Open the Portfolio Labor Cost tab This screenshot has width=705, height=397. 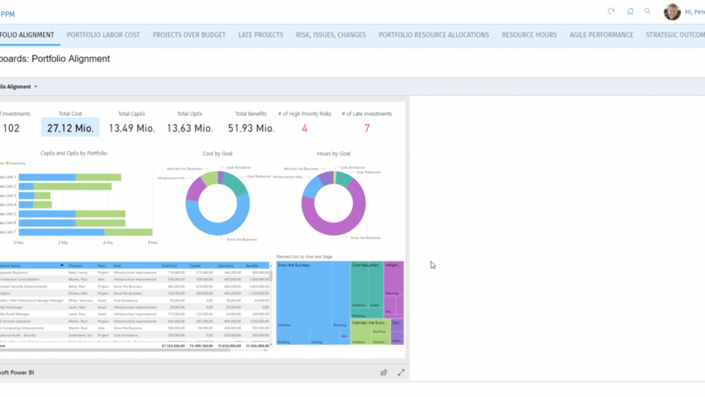(x=103, y=35)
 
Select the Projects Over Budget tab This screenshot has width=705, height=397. (x=189, y=35)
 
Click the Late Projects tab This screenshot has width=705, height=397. (x=260, y=35)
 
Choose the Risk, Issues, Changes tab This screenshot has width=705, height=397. (x=331, y=35)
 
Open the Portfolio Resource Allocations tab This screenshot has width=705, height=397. (x=434, y=35)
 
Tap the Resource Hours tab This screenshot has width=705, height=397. (x=529, y=35)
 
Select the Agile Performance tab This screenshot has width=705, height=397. (x=601, y=35)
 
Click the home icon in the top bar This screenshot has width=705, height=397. (x=630, y=12)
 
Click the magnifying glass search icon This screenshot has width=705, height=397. (x=648, y=12)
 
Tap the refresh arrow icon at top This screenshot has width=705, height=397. (x=612, y=12)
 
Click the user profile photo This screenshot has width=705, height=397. (x=672, y=12)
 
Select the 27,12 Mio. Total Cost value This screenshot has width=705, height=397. (x=70, y=128)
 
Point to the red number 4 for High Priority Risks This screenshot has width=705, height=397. (x=304, y=128)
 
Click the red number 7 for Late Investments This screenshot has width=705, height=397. (x=367, y=128)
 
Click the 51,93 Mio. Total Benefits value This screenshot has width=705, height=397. (x=251, y=128)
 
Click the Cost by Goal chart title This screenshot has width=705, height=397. (x=217, y=154)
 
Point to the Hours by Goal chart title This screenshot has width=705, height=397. (x=333, y=154)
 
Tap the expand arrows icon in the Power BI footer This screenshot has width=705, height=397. (x=401, y=373)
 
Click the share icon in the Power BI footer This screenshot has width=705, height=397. (x=383, y=373)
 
